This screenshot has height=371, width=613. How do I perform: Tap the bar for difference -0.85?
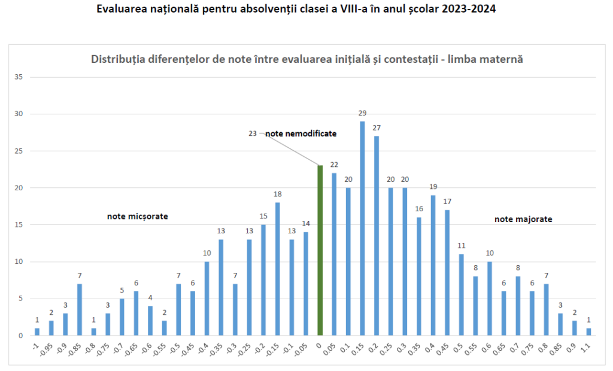(80, 309)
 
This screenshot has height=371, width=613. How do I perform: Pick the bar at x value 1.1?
(588, 332)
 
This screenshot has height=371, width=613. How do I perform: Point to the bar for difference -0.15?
(277, 269)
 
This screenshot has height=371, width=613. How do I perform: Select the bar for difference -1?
(37, 332)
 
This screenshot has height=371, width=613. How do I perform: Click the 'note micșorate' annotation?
(137, 217)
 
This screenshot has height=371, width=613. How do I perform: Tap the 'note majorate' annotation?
(523, 220)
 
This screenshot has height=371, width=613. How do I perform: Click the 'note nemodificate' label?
(301, 134)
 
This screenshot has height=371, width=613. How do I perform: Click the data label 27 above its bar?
(376, 128)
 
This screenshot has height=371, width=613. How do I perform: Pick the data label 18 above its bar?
(277, 194)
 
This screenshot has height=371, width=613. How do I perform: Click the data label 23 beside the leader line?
(253, 134)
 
